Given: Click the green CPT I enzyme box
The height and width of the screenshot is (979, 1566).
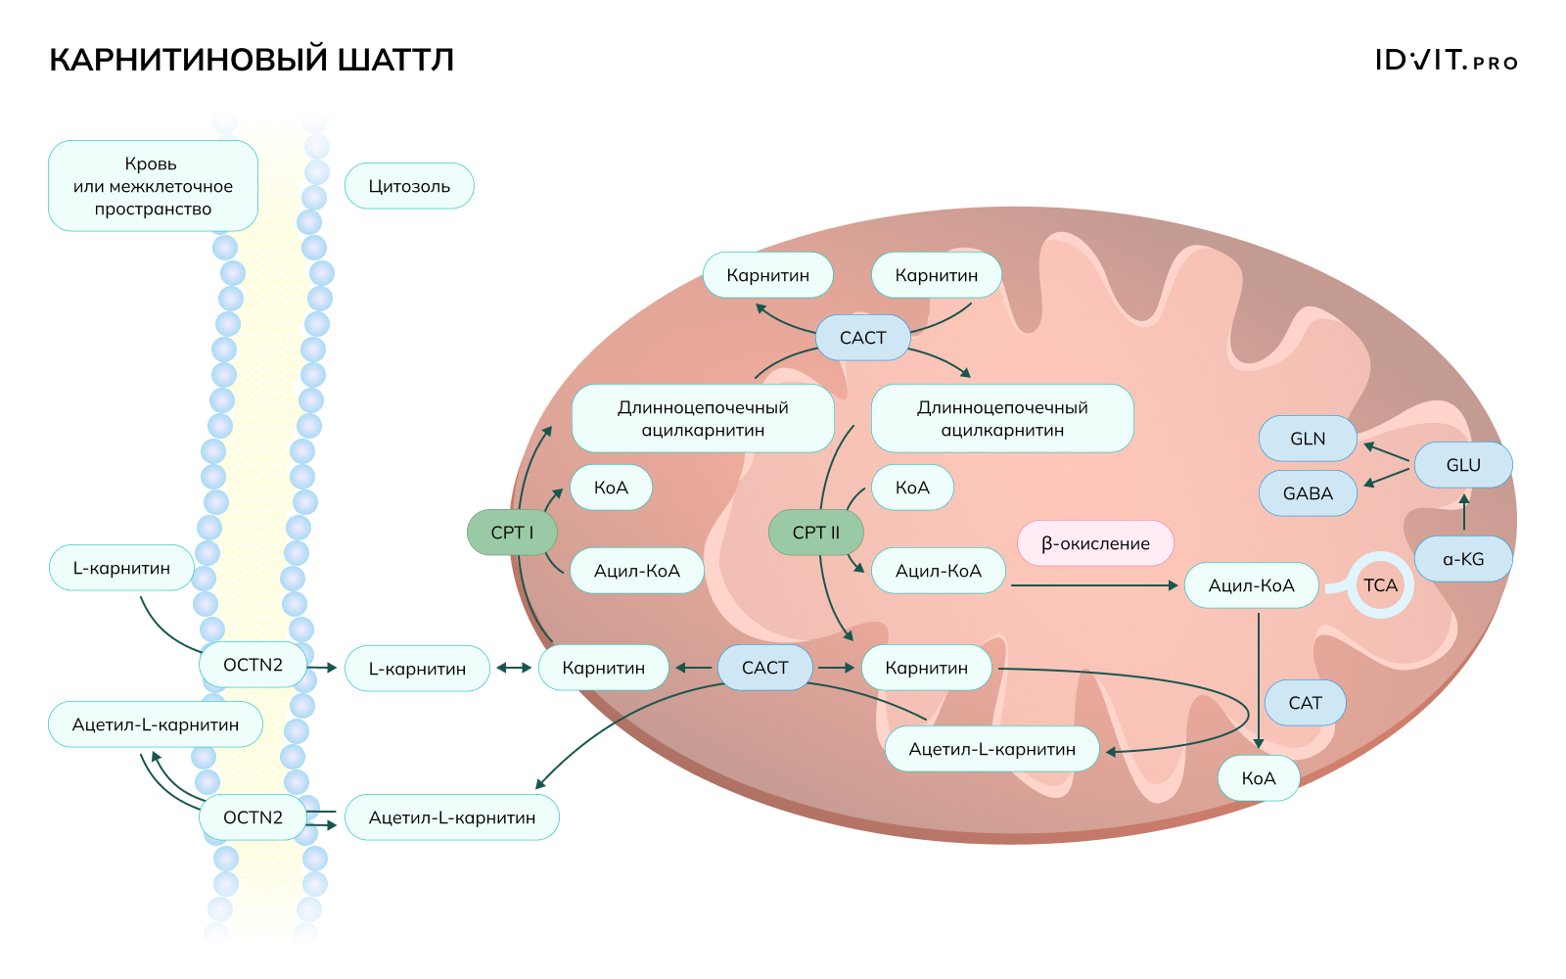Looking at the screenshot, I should pos(512,533).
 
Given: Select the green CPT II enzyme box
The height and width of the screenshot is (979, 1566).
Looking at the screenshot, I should pos(816,533).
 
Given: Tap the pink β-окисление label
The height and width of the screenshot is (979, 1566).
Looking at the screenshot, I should pos(1095,543).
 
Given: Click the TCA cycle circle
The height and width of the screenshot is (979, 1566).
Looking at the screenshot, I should pos(1380,585).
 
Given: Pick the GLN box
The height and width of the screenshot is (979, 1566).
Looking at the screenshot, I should pos(1308,439).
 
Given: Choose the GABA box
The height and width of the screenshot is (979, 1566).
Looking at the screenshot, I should pos(1308,493).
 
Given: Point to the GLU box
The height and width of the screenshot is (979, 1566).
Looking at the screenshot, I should pos(1463,465).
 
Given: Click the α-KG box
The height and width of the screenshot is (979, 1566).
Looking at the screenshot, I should pos(1463,559).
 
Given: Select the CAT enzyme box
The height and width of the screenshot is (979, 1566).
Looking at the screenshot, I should pos(1305,703).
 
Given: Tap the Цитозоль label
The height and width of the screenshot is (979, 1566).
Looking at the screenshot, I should pos(409,186).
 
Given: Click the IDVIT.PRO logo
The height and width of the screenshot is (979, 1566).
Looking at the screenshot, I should pos(1446,61).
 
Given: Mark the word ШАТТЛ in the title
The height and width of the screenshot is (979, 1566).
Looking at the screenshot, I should pos(395,60).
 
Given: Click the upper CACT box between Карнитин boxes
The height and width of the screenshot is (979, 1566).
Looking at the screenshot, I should pos(862,338).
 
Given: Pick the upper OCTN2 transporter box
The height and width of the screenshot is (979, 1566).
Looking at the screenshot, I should pos(253,665).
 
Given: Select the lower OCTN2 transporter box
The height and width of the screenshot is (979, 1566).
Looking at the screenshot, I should pos(253,817).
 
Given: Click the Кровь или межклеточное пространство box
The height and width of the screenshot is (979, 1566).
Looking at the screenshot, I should pos(153,186).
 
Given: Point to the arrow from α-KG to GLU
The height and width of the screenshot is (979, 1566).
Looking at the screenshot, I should pos(1464,513).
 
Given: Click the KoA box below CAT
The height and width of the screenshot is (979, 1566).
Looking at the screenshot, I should pos(1259,778).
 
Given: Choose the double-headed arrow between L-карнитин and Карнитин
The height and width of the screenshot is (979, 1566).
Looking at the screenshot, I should pos(514,668).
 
